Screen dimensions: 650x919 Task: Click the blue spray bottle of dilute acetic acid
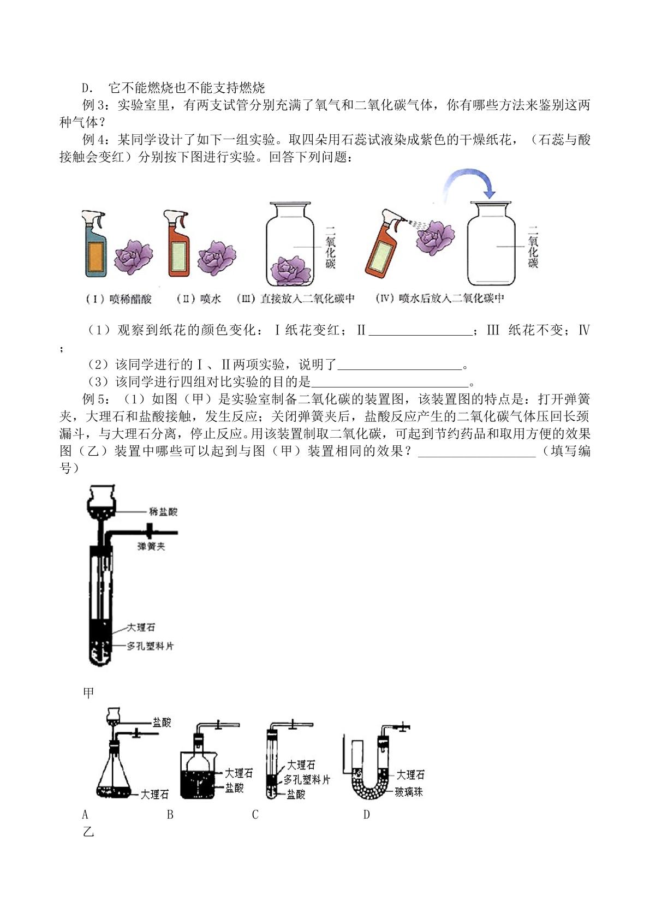(94, 243)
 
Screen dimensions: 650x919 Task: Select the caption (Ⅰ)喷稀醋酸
(118, 299)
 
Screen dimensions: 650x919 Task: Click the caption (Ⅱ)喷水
(199, 299)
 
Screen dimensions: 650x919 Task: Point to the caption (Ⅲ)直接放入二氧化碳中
(296, 299)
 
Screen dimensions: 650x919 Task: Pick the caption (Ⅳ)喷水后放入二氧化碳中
(440, 299)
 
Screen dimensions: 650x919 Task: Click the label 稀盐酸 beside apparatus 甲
(163, 511)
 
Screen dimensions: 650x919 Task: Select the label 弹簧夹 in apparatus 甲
(151, 546)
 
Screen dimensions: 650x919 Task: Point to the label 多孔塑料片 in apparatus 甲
(150, 646)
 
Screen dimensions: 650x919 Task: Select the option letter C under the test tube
(255, 814)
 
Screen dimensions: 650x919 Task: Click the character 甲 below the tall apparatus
(88, 693)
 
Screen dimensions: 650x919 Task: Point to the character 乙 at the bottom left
(88, 832)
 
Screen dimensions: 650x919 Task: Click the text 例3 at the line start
(94, 105)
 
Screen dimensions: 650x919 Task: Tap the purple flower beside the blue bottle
(133, 257)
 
